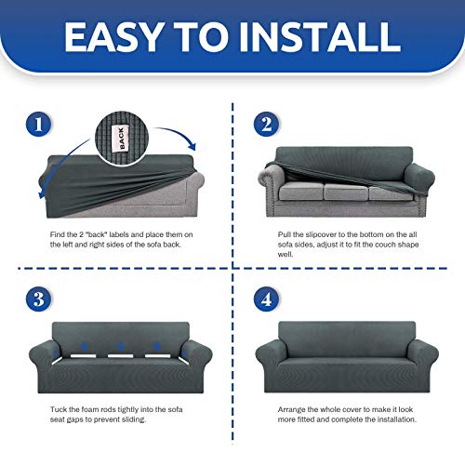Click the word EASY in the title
click(x=110, y=38)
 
